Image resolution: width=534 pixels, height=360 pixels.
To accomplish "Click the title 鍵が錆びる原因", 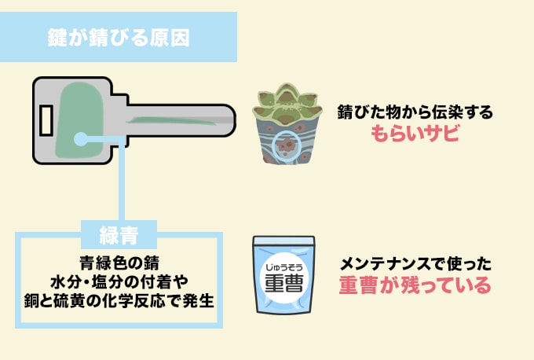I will coord(118,38).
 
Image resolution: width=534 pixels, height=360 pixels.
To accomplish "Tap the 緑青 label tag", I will coord(119,233).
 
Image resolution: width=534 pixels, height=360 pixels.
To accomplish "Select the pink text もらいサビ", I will coord(414,134).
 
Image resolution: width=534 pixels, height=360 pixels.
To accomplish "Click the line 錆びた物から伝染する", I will coord(415,112).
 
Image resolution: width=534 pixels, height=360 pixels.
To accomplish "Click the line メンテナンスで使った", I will coord(415,263).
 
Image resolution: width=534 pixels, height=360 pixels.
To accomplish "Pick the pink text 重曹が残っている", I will coord(415,285).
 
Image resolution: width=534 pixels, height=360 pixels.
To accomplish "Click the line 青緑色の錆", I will coord(119,261).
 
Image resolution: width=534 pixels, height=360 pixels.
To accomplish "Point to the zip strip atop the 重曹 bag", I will coord(283,239).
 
